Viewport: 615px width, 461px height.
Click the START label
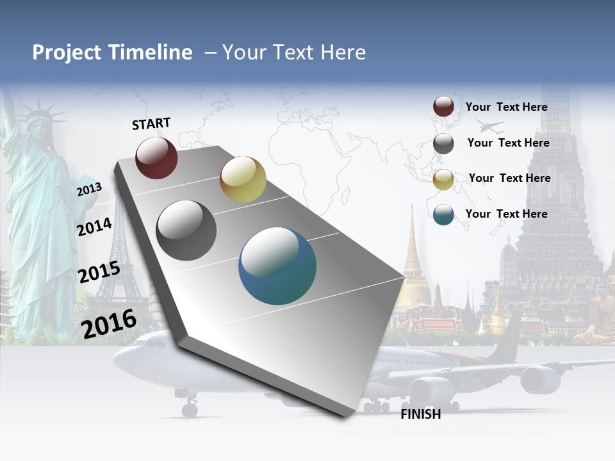151,124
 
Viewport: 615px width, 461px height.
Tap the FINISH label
421,414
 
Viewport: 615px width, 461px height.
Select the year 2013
89,190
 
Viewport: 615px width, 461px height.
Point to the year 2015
99,272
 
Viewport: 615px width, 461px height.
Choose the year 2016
109,324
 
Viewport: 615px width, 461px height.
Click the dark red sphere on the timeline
156,158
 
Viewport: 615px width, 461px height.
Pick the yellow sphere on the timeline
243,179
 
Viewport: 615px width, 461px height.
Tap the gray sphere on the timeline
186,230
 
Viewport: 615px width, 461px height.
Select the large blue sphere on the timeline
277,266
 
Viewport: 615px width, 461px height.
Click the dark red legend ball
443,107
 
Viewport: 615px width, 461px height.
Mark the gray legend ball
443,143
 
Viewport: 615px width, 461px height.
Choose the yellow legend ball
443,179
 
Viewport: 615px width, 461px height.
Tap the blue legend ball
443,214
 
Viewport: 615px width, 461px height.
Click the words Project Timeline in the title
112,53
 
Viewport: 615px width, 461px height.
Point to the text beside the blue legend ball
506,214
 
